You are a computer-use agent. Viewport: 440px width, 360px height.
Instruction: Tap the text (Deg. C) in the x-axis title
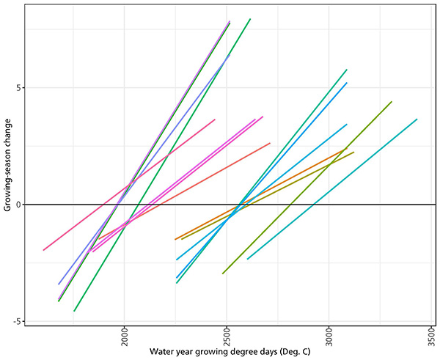click(x=293, y=352)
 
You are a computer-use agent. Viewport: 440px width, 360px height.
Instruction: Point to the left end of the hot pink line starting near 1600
click(x=43, y=250)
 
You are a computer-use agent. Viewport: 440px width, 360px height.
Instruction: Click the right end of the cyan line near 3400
click(x=417, y=119)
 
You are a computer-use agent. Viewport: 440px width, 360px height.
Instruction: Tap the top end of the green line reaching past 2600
click(x=250, y=19)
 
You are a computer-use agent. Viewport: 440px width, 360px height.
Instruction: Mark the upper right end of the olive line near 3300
click(x=392, y=102)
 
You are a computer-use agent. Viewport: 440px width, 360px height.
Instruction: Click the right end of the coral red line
click(x=270, y=143)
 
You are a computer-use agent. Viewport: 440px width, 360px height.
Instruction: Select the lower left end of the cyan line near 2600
click(x=247, y=259)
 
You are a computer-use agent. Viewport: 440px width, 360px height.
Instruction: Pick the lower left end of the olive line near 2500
click(x=223, y=273)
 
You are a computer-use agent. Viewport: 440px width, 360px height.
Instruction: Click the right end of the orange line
click(x=345, y=149)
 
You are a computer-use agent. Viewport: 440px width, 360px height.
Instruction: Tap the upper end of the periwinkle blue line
click(x=230, y=54)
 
